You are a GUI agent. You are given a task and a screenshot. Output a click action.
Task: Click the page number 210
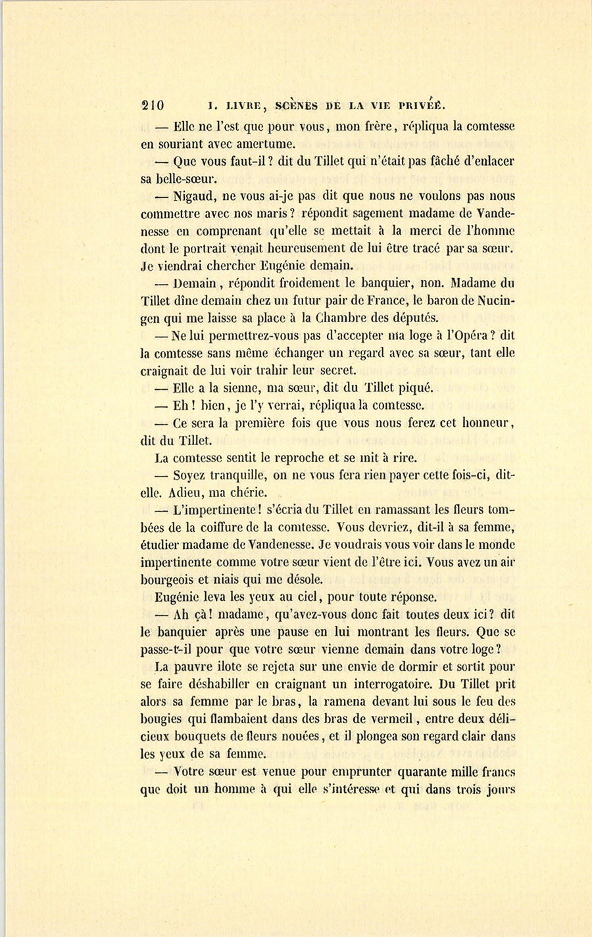(153, 106)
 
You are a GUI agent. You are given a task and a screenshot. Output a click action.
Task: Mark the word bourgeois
(168, 580)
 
